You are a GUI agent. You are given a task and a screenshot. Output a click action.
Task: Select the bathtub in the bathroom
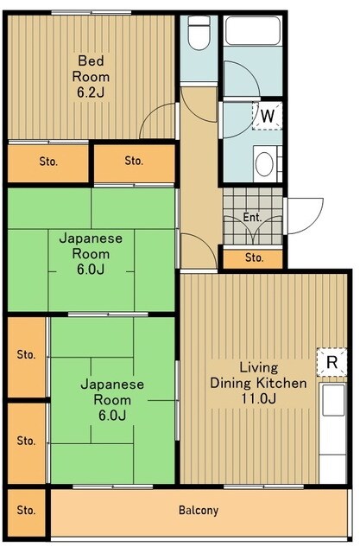(253, 35)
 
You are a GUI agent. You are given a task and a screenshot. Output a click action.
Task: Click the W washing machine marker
(268, 115)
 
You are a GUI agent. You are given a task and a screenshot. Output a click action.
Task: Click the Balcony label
(199, 510)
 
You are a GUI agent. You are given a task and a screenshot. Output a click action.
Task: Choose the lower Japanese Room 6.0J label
(112, 399)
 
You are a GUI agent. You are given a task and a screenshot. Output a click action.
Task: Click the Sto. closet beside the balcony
(27, 510)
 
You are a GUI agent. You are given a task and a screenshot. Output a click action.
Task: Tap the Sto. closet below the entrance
(254, 257)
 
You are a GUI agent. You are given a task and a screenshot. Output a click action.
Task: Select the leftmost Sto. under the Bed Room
(48, 161)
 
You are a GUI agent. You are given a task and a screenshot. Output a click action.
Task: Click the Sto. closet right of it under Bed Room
(134, 161)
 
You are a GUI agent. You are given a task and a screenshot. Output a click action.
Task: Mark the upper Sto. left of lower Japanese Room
(27, 354)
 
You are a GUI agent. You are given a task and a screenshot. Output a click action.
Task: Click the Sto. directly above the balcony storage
(27, 441)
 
